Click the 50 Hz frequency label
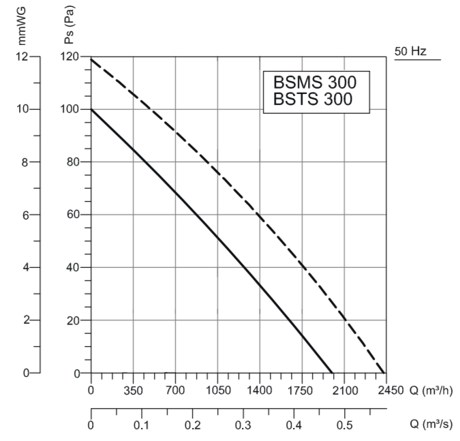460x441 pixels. (x=411, y=51)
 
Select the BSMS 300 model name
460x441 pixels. (x=315, y=82)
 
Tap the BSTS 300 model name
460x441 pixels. (x=313, y=100)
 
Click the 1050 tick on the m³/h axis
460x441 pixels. (x=217, y=391)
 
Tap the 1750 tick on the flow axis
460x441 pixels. (x=301, y=391)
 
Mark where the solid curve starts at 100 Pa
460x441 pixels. (x=91, y=109)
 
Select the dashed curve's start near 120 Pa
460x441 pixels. (x=91, y=59)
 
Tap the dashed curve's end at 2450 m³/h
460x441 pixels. (x=386, y=372)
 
